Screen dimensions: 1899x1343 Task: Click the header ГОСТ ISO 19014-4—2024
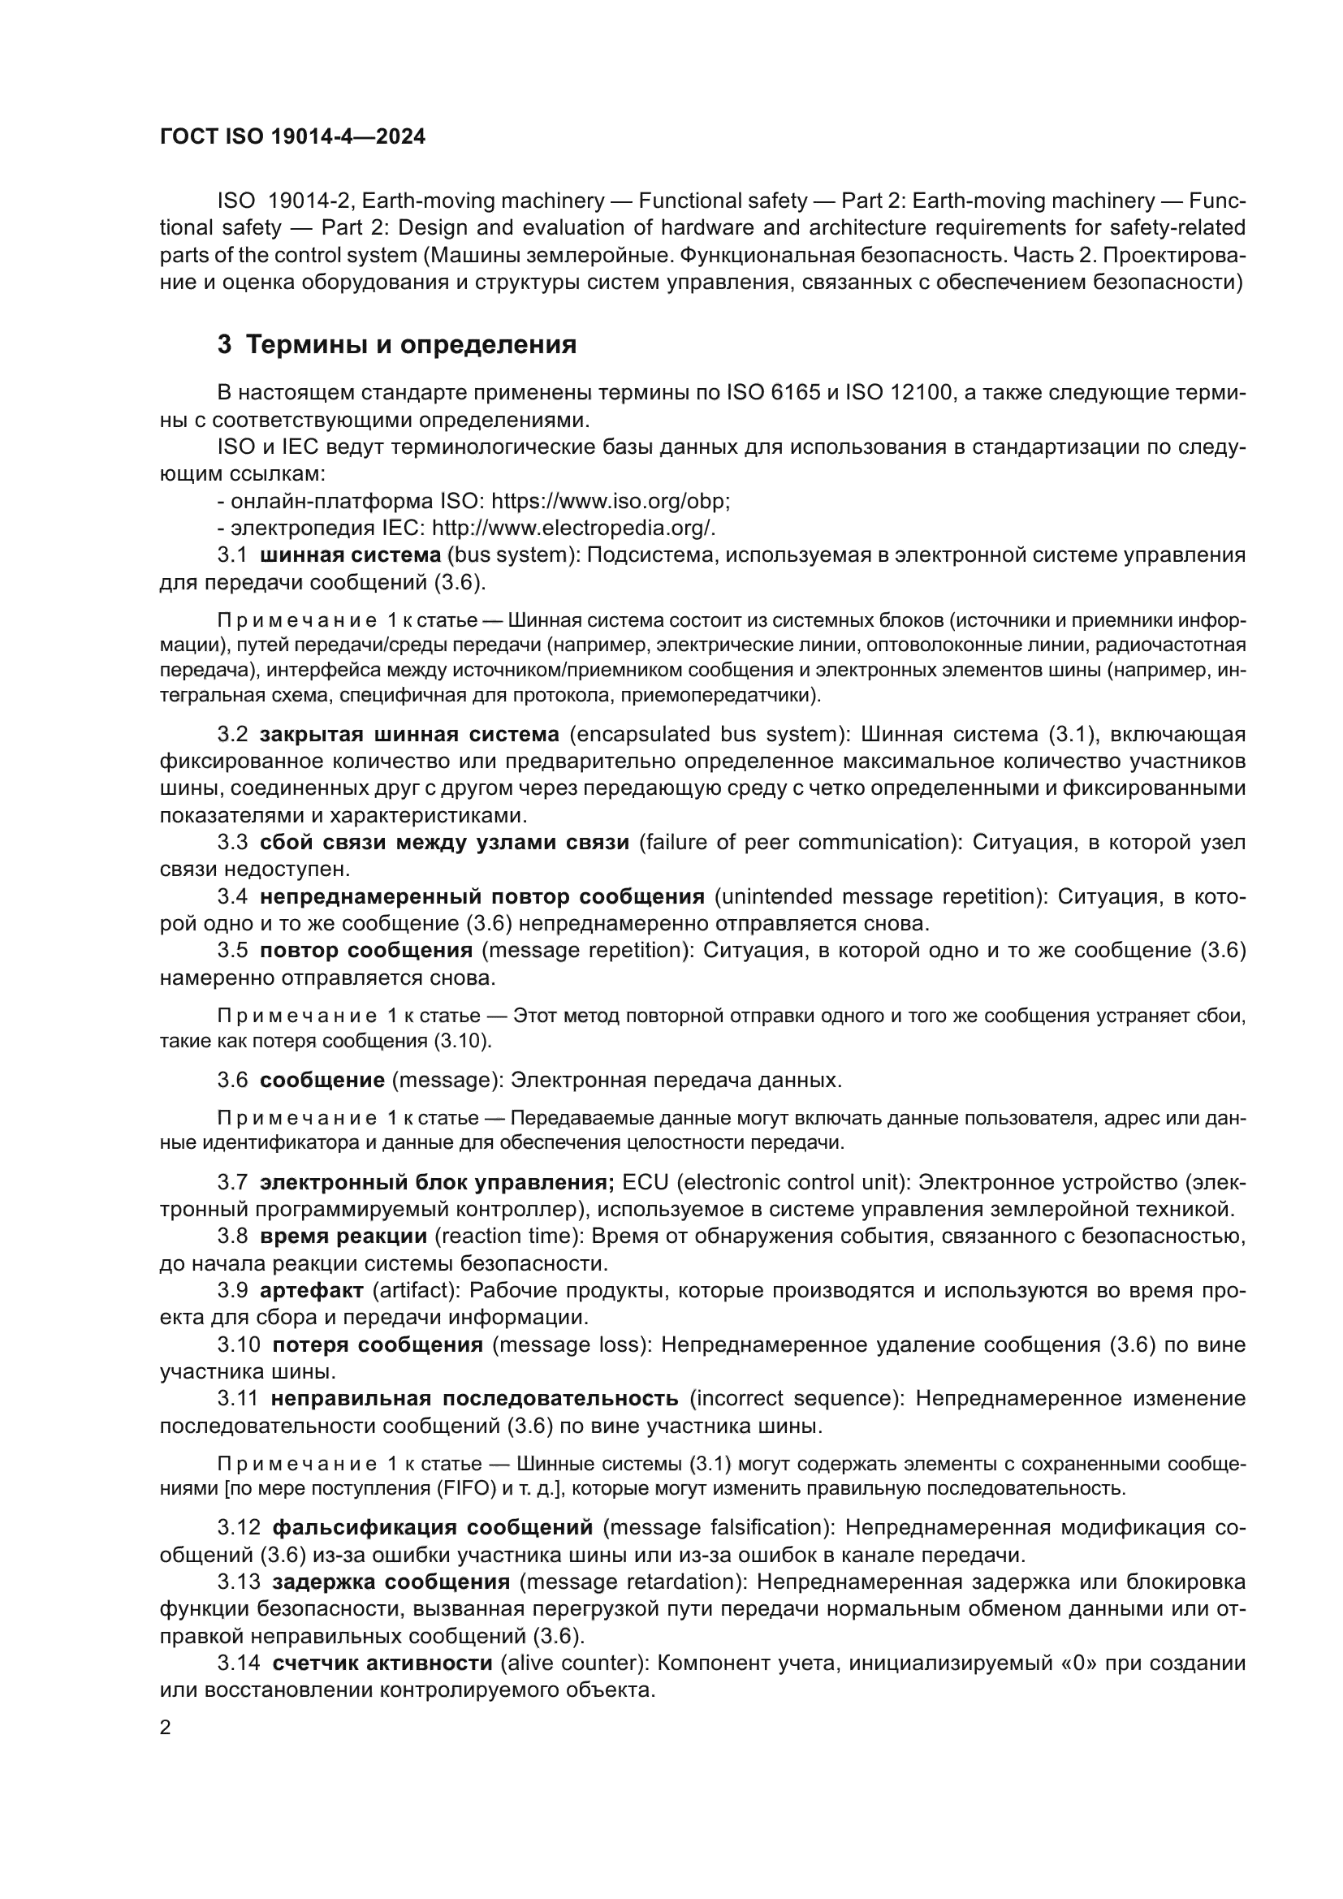(x=293, y=137)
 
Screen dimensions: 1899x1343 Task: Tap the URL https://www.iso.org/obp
(x=610, y=501)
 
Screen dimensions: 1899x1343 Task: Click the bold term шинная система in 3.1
(x=350, y=555)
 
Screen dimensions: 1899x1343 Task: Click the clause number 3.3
(x=232, y=843)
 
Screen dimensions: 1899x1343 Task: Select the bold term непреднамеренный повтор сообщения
(x=481, y=896)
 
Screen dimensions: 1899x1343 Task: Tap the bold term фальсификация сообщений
(x=433, y=1527)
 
